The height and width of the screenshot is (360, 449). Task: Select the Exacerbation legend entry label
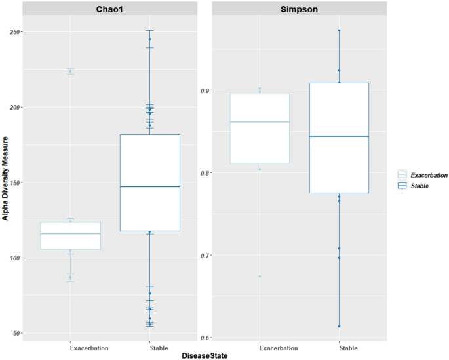pos(429,175)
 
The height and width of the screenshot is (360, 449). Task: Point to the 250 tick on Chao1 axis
pos(14,32)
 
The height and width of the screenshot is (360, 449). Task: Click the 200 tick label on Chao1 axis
pos(14,108)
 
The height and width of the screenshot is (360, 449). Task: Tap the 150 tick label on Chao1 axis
pos(14,183)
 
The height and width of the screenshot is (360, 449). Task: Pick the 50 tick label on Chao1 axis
pos(16,334)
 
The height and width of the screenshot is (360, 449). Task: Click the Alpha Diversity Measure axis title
pos(5,178)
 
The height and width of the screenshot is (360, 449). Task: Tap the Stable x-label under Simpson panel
pos(339,348)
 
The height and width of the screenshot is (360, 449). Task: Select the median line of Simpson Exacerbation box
pos(260,122)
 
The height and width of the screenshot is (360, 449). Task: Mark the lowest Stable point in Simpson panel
pos(339,326)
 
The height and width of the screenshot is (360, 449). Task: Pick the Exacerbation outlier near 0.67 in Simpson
pos(260,277)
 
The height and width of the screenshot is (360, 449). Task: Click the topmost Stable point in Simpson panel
pos(339,30)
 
